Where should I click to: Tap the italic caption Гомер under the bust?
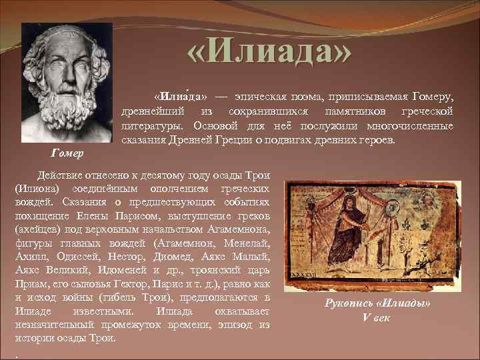click(x=67, y=154)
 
